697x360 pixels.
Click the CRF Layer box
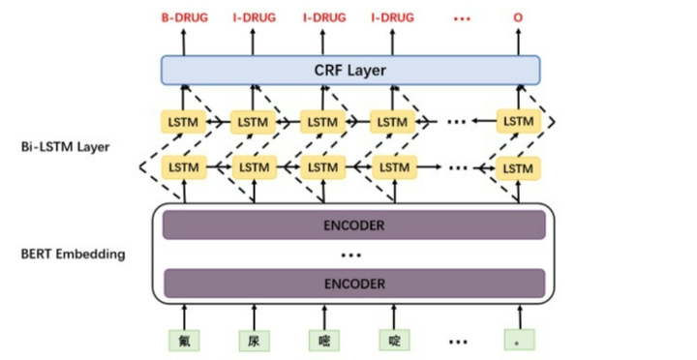(x=350, y=71)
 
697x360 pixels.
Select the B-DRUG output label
(x=183, y=17)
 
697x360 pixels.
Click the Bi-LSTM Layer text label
(x=65, y=147)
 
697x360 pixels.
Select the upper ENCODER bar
(x=353, y=225)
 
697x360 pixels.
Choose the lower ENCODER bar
(x=353, y=284)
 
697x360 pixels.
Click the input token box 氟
(x=183, y=340)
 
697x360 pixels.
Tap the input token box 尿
(x=254, y=340)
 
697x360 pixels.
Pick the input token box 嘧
(x=323, y=340)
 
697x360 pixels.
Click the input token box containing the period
(x=518, y=340)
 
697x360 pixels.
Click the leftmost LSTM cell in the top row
(x=183, y=122)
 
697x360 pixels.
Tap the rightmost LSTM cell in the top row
(x=519, y=122)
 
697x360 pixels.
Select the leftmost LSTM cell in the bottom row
(x=183, y=167)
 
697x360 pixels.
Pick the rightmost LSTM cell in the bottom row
(x=519, y=167)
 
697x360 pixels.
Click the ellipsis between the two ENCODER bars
(x=352, y=255)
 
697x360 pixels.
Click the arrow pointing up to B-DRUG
(x=183, y=41)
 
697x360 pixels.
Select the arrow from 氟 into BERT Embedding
(x=183, y=314)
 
